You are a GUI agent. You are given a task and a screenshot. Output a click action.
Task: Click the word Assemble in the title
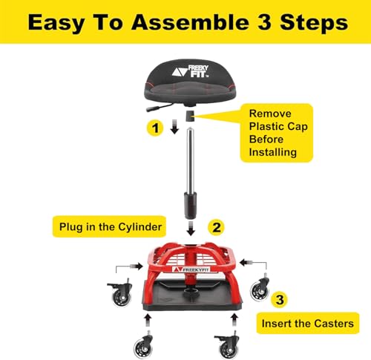191,22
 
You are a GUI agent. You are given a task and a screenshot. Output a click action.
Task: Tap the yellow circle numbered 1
155,128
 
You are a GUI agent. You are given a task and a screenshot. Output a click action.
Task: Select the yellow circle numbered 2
216,227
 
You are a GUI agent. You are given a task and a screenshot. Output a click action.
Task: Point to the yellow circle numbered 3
280,300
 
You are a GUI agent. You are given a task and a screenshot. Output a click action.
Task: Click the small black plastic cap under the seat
190,116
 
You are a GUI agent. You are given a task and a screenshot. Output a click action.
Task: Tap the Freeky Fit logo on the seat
191,71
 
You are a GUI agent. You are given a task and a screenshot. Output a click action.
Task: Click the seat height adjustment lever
158,108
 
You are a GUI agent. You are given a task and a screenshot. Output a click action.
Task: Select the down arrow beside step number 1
174,127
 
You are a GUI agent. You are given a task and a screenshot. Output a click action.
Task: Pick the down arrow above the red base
191,229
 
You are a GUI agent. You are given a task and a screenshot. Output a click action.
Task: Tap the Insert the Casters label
308,324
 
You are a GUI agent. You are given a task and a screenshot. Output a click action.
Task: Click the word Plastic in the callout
266,126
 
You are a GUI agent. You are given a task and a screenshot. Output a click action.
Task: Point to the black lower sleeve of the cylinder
191,205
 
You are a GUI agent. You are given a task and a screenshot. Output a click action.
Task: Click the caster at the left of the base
120,293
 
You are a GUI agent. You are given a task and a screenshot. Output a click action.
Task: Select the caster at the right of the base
260,287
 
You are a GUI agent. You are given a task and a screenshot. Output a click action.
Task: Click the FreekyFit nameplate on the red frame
191,269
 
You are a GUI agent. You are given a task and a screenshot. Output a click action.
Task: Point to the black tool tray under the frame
192,295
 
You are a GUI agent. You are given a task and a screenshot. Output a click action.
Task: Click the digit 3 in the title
264,22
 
